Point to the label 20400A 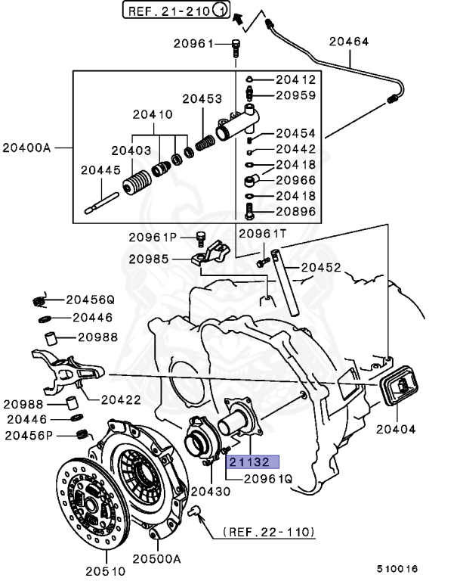[x=27, y=147]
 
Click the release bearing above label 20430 [x=204, y=442]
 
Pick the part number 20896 [x=295, y=213]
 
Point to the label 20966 [x=295, y=181]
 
